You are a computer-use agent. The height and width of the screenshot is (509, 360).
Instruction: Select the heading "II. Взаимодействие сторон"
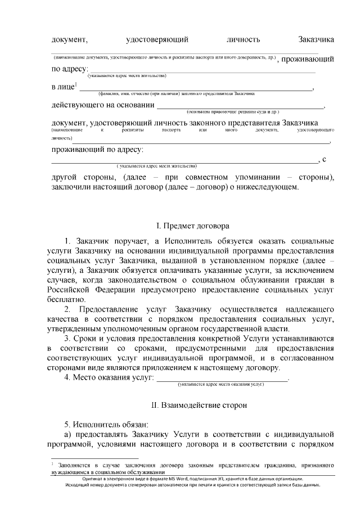point(193,404)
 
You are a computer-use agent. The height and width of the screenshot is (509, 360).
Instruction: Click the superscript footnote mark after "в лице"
point(76,85)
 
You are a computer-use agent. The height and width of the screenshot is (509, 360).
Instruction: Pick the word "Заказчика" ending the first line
point(317,39)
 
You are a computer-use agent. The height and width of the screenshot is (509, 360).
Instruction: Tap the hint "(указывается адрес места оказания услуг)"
point(221,384)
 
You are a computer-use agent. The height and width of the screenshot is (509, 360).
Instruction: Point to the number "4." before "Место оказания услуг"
point(67,377)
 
